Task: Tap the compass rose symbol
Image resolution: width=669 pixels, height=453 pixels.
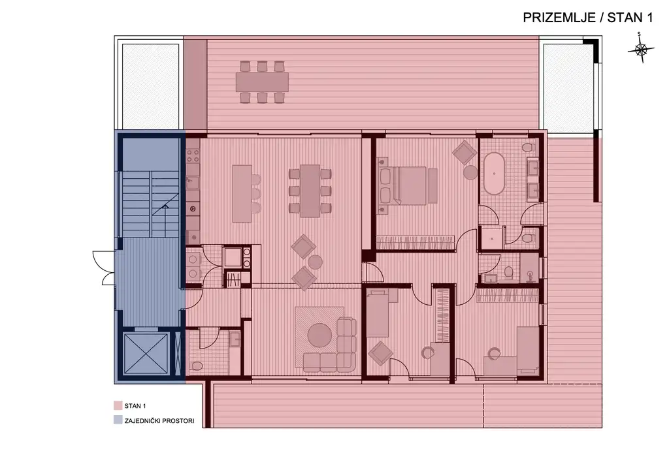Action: point(641,50)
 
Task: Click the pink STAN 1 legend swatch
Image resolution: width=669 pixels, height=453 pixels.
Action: point(118,405)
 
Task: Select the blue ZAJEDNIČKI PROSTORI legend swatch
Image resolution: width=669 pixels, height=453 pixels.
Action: point(118,421)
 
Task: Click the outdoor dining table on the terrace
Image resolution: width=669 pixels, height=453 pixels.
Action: point(262,82)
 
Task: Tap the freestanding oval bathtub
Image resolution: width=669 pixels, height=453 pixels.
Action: point(493,173)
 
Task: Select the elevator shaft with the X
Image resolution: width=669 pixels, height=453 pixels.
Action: point(146,354)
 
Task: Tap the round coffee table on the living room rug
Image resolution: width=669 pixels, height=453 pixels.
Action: point(321,335)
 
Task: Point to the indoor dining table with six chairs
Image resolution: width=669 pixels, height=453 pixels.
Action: point(310,190)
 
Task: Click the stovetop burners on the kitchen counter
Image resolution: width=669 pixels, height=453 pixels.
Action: point(193,156)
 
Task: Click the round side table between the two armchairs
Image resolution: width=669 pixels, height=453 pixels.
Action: point(315,262)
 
